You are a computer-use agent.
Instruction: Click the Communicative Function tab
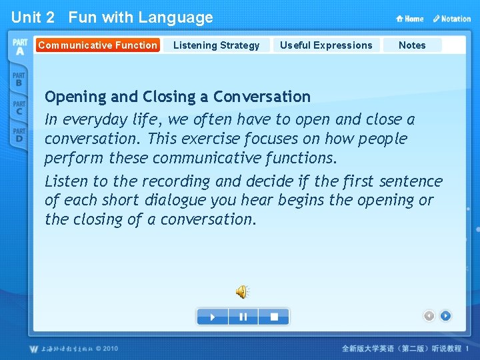coord(97,45)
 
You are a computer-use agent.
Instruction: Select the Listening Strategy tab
coord(216,45)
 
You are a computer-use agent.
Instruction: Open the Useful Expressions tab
coord(326,45)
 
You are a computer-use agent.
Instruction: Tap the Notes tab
coord(412,45)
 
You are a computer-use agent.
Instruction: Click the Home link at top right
coord(410,19)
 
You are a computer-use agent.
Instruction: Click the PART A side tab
coord(19,47)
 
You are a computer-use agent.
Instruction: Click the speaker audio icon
coord(242,291)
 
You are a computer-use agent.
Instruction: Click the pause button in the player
coord(243,317)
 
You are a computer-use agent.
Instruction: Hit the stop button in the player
coord(274,317)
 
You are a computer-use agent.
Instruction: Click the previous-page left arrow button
coord(429,316)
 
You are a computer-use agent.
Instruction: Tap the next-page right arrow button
coord(445,316)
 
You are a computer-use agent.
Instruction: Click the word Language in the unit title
coord(177,18)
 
